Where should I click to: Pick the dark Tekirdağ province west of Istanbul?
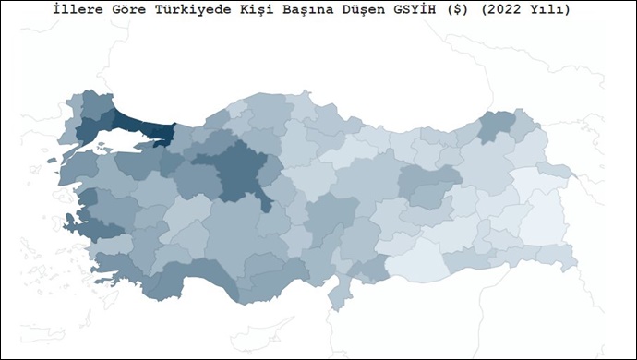92,130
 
